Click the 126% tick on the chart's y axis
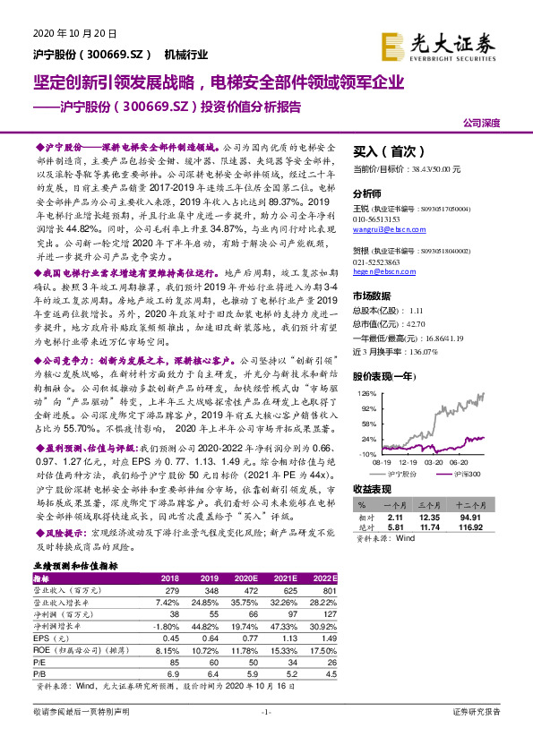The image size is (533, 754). tap(365, 392)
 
